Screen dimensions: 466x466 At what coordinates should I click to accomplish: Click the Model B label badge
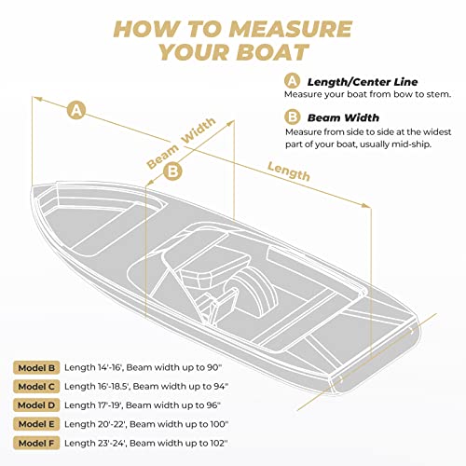pyautogui.click(x=36, y=368)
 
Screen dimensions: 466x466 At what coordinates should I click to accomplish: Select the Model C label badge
pyautogui.click(x=36, y=387)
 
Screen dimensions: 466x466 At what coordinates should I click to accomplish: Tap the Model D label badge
pyautogui.click(x=36, y=406)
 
